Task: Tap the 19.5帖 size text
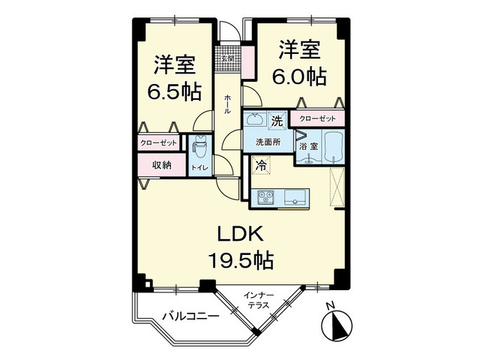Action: coord(240,260)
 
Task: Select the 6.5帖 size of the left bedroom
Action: coord(173,91)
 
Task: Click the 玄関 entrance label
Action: coord(227,58)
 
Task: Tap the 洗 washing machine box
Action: coord(275,120)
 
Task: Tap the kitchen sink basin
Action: coord(293,198)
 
